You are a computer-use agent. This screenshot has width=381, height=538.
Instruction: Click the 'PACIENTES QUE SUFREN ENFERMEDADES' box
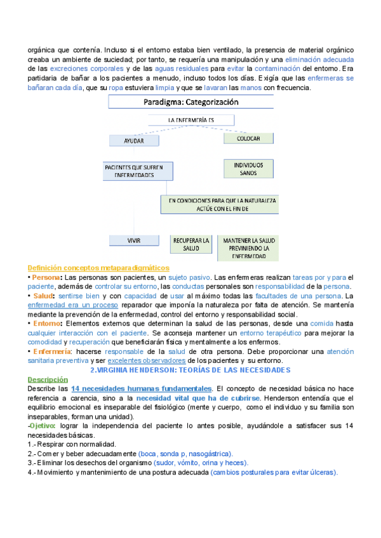coord(134,171)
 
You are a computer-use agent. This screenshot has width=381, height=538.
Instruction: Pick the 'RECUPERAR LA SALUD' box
coord(190,245)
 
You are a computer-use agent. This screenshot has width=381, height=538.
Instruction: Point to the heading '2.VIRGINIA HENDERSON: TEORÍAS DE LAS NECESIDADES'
coord(190,370)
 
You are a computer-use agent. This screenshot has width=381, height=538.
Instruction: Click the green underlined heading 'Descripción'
coord(46,379)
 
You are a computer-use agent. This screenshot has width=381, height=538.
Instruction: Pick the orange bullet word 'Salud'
coord(43,296)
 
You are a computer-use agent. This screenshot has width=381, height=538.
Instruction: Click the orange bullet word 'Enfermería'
coord(52,351)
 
